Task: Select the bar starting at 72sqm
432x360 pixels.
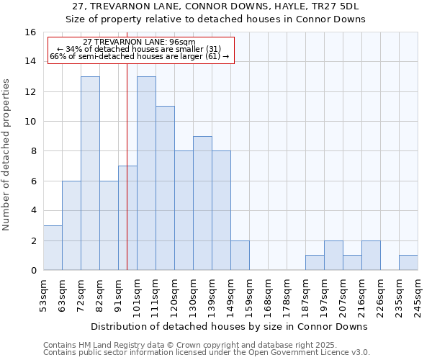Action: [x=90, y=173]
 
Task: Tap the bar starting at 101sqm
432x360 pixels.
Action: [x=146, y=173]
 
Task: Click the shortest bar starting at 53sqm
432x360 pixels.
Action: [x=53, y=248]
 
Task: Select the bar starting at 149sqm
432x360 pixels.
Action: [x=240, y=256]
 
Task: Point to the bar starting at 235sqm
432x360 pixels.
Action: [x=408, y=263]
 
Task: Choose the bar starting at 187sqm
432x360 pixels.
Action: [x=315, y=263]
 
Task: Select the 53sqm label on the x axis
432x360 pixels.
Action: [x=43, y=296]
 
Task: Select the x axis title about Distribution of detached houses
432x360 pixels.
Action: [x=229, y=326]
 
